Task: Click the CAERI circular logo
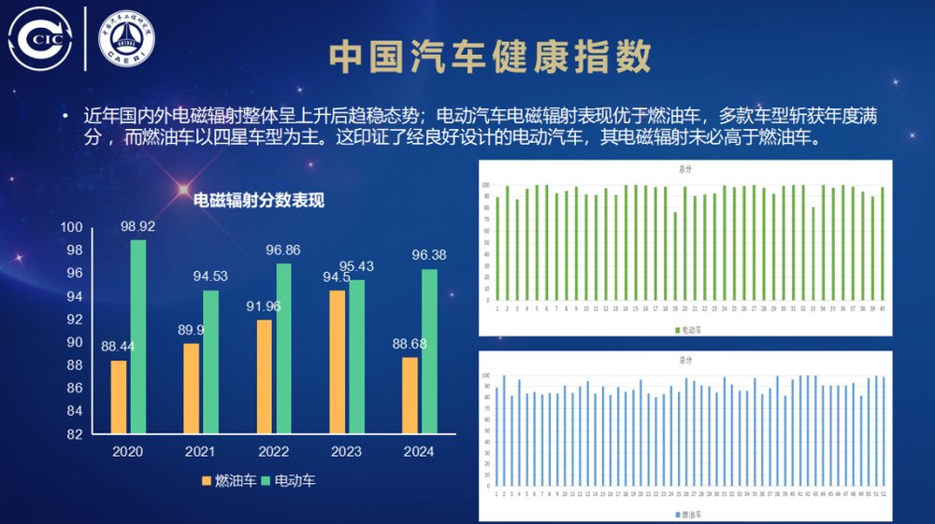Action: (127, 39)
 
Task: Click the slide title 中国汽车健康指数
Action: (490, 58)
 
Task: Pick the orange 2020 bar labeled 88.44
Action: (119, 397)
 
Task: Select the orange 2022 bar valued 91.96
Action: (265, 376)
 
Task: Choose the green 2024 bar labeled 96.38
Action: (430, 351)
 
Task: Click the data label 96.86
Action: (282, 251)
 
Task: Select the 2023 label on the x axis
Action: (346, 452)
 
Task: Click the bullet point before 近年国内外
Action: (65, 116)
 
